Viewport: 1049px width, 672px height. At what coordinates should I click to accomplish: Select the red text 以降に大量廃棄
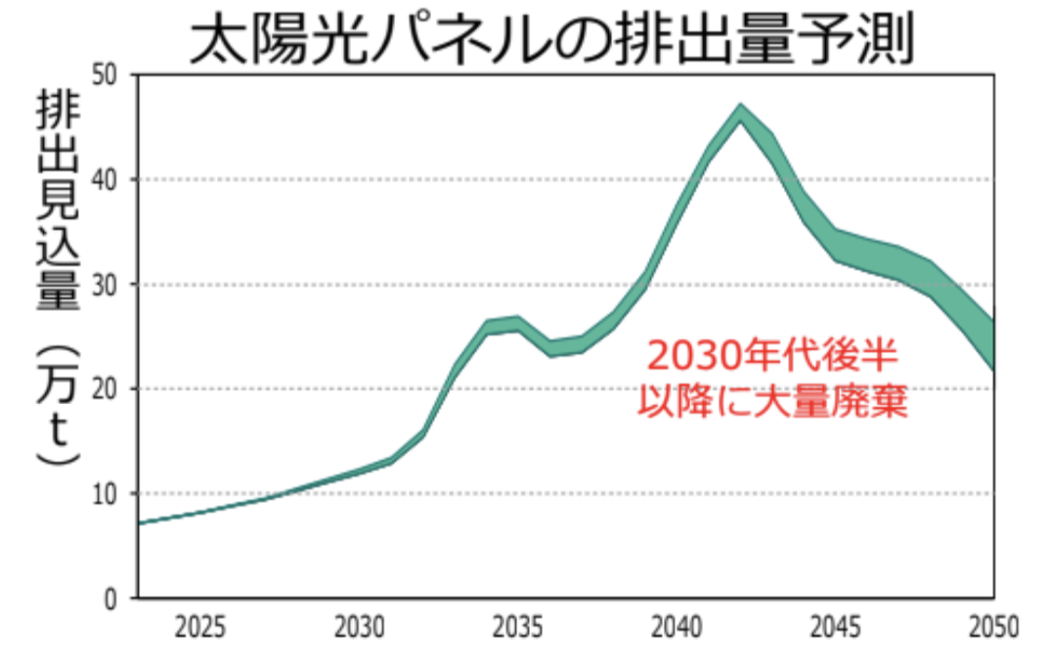[x=771, y=400]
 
